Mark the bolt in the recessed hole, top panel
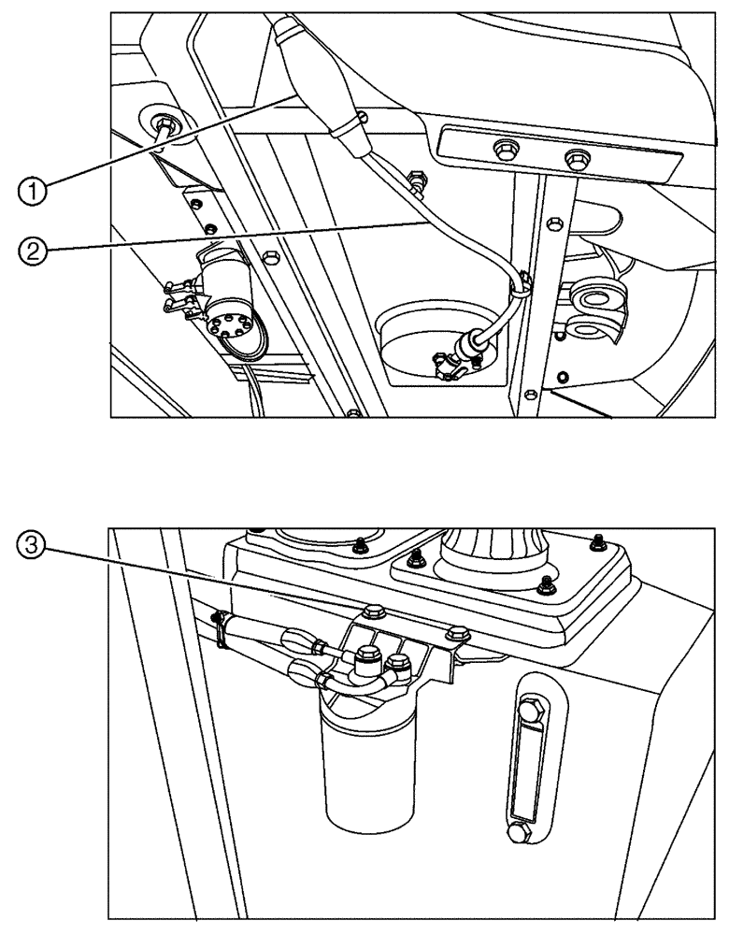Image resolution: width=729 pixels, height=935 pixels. click(166, 124)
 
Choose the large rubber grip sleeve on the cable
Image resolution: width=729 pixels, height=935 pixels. click(313, 79)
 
